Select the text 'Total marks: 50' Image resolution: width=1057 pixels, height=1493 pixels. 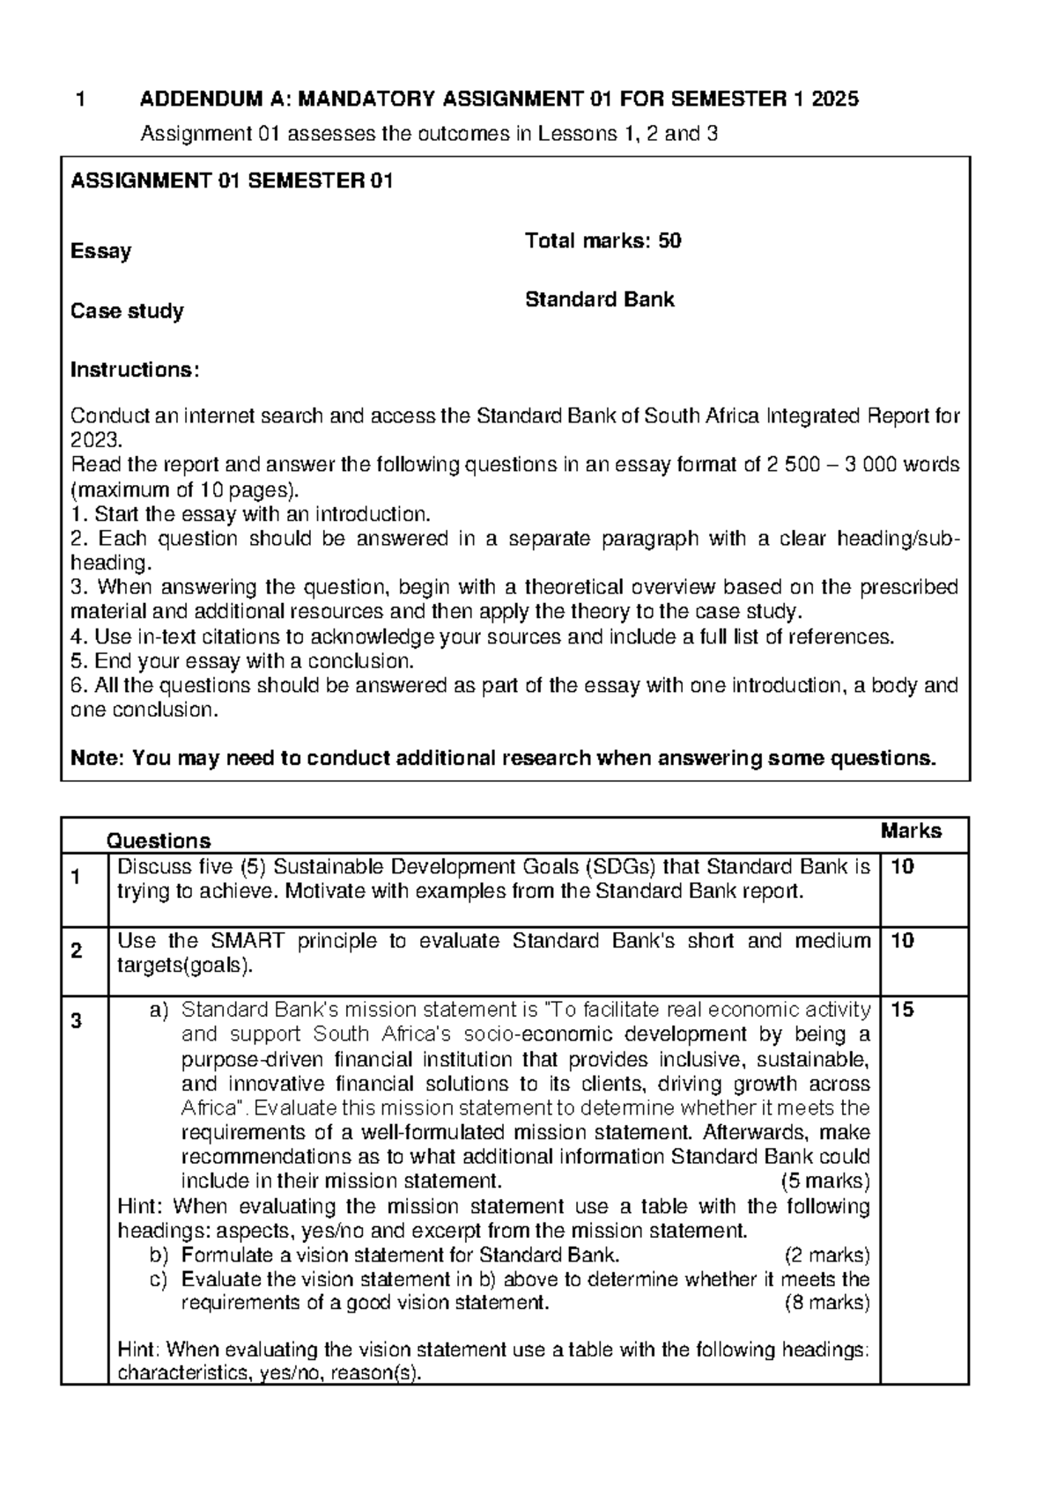602,240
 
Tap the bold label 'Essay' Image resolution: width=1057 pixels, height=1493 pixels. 100,251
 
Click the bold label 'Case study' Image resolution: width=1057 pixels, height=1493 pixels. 127,311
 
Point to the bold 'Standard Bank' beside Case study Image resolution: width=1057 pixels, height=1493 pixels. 599,299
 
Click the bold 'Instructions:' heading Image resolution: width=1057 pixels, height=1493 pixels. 135,370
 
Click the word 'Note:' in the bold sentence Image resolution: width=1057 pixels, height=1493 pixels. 97,758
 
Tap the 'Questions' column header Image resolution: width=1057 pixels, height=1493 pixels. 159,841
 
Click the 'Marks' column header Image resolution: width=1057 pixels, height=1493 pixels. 911,830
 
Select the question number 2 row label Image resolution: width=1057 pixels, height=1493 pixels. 77,951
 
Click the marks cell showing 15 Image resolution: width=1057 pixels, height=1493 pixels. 902,1010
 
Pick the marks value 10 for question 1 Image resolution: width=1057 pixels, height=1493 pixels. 902,867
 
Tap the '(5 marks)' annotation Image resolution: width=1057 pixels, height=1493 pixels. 824,1180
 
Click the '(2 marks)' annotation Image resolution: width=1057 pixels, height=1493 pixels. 825,1254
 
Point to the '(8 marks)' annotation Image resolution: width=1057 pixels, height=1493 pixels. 825,1303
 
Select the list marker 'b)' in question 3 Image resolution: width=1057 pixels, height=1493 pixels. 159,1254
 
